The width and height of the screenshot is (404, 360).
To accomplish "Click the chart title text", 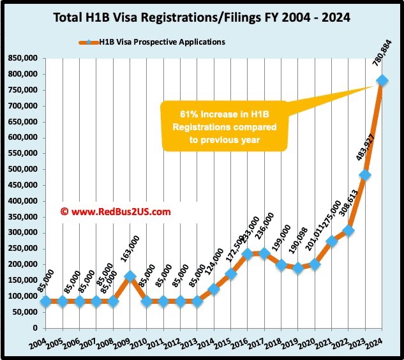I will (202, 18).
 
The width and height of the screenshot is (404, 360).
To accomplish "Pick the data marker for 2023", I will (365, 175).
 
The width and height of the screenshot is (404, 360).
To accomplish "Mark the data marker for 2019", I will (297, 268).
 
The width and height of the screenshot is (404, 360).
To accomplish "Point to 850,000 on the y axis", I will (24, 58).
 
